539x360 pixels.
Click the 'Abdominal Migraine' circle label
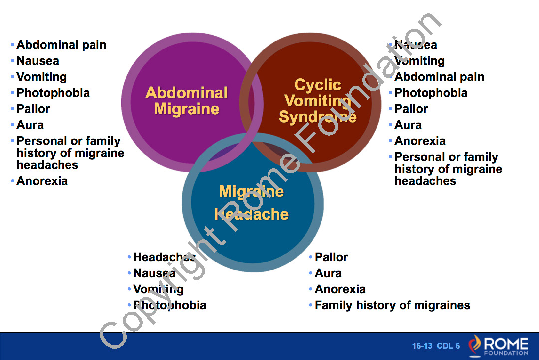click(x=186, y=101)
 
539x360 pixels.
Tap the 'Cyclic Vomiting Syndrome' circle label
click(x=317, y=101)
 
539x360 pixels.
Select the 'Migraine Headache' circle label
click(x=252, y=203)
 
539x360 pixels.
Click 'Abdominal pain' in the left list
click(x=61, y=45)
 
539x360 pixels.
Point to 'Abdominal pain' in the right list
click(x=439, y=77)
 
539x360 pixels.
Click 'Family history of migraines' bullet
click(x=392, y=305)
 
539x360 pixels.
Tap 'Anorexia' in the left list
click(x=42, y=181)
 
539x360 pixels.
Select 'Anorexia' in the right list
click(x=420, y=141)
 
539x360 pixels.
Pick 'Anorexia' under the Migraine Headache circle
click(x=340, y=289)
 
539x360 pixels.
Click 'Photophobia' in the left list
click(x=53, y=93)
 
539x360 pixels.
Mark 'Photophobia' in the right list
click(x=431, y=93)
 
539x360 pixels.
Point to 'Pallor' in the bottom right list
click(x=331, y=257)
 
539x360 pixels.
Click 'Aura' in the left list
click(x=30, y=125)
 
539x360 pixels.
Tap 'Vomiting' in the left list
click(x=41, y=77)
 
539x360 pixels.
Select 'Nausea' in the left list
click(x=38, y=61)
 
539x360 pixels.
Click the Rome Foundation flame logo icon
click(x=474, y=346)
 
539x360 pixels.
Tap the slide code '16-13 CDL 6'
click(x=436, y=346)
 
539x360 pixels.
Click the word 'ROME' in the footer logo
click(x=505, y=344)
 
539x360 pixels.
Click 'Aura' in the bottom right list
click(x=328, y=273)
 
